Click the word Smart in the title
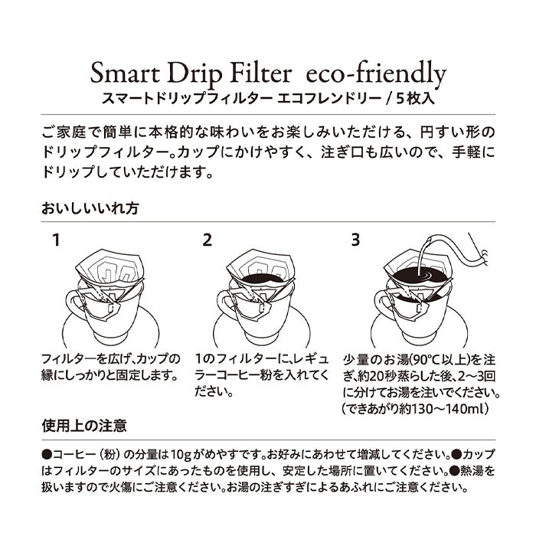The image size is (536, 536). pos(125,74)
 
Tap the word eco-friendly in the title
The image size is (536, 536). pos(377,75)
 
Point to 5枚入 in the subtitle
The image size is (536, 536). pos(415,99)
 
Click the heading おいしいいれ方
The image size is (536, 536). pos(90,208)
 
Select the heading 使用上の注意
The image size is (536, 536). pos(84,426)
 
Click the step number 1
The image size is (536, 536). pos(57,240)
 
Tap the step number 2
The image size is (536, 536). pos(208,240)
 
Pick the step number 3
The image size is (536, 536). pos(355,240)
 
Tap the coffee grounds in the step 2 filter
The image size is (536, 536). pos(262,279)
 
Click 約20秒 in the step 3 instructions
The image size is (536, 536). pos(379,377)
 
